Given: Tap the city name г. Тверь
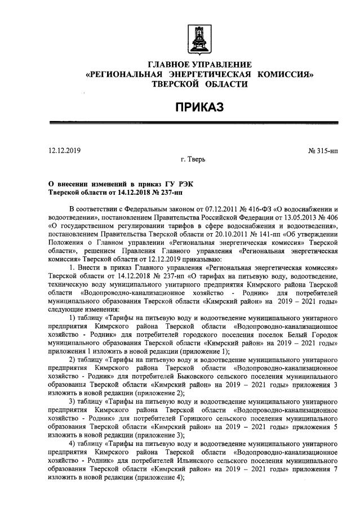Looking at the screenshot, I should (193, 159).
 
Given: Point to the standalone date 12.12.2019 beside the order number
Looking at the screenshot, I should (65, 151).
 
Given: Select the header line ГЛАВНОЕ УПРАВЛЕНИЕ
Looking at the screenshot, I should (199, 65).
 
